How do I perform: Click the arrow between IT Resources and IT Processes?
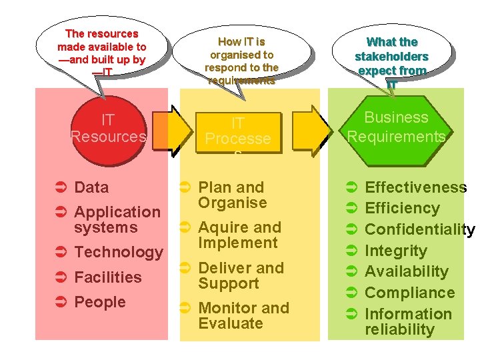point(169,131)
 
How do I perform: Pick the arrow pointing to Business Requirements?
point(310,131)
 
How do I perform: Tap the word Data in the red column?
point(91,187)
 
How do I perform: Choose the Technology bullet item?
point(119,252)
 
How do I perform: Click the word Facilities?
point(108,277)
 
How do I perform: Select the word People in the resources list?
point(100,302)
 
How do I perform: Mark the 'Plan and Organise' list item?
point(232,195)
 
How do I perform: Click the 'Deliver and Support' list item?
point(241,275)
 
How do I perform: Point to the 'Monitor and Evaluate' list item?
point(243,315)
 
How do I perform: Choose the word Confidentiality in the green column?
point(419,230)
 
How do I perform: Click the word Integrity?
point(395,251)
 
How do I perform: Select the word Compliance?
point(409,293)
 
